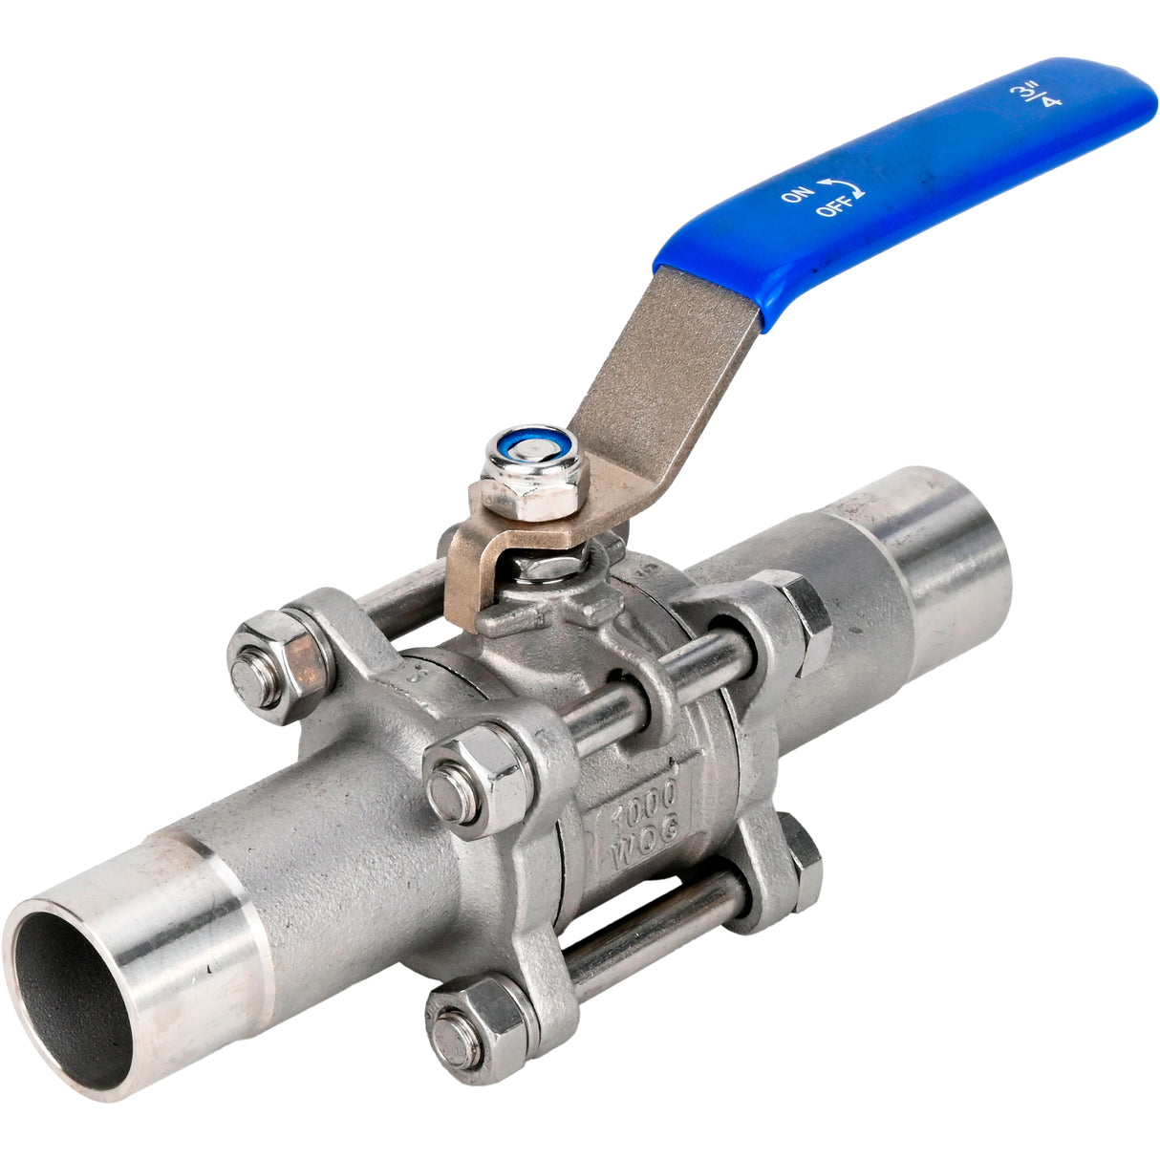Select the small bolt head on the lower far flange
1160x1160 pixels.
pos(801,865)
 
